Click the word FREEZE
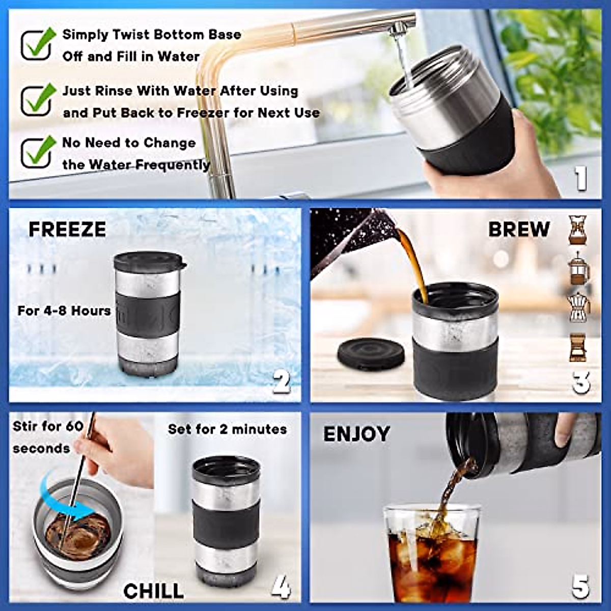coord(67,230)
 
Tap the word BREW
coord(518,229)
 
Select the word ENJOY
coord(356,434)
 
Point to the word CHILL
coord(153,591)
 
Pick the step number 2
coord(281,381)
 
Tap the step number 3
coord(580,382)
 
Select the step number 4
coord(281,587)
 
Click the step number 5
coord(580,587)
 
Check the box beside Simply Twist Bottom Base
coord(37,45)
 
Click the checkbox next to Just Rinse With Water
coord(37,100)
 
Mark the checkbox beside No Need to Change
coord(37,153)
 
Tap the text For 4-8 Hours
coord(64,311)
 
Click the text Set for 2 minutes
coord(227,429)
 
